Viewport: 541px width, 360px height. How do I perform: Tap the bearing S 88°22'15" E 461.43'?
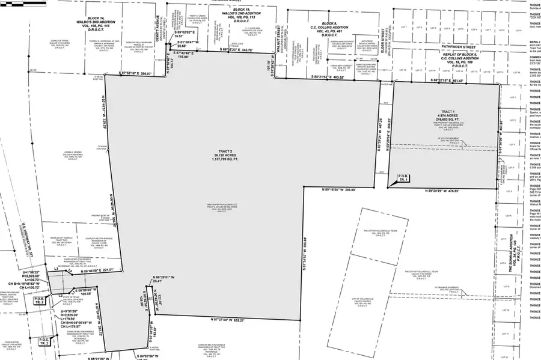tap(443, 80)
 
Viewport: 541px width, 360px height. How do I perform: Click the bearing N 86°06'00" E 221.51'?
tap(98, 271)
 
